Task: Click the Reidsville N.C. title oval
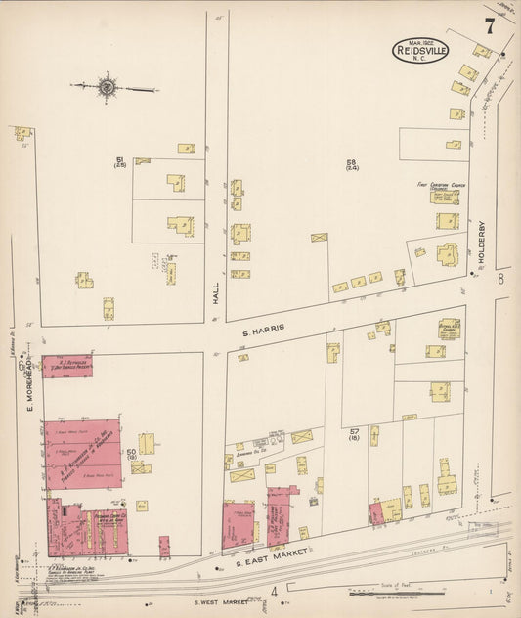[x=421, y=50]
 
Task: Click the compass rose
[x=107, y=88]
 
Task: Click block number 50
[x=131, y=451]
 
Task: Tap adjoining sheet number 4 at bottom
[x=275, y=591]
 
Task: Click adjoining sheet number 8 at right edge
[x=500, y=280]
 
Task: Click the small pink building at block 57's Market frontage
[x=375, y=514]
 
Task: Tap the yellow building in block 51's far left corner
[x=22, y=132]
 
